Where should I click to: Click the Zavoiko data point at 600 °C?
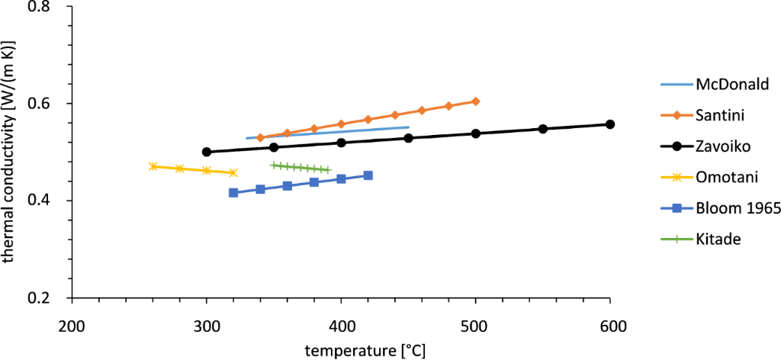[609, 124]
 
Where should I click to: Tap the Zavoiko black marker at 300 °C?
[206, 152]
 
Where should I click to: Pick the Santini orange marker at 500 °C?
[475, 101]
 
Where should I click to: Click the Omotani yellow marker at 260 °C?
[153, 166]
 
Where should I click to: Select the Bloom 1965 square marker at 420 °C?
[368, 175]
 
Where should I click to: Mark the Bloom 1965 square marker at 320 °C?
[233, 193]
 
